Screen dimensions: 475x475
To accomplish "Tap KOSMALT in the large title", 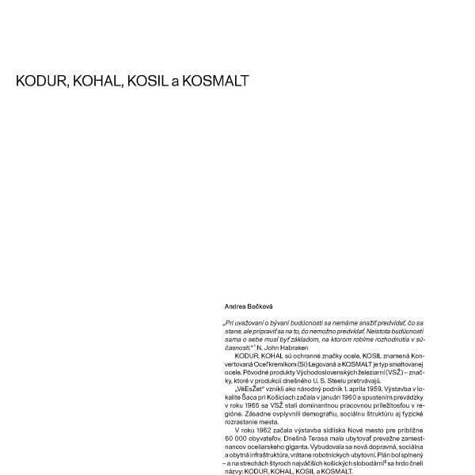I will (x=216, y=81).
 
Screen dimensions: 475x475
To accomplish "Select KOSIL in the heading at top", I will (x=146, y=81).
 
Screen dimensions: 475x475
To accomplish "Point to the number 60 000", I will (x=236, y=436).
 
